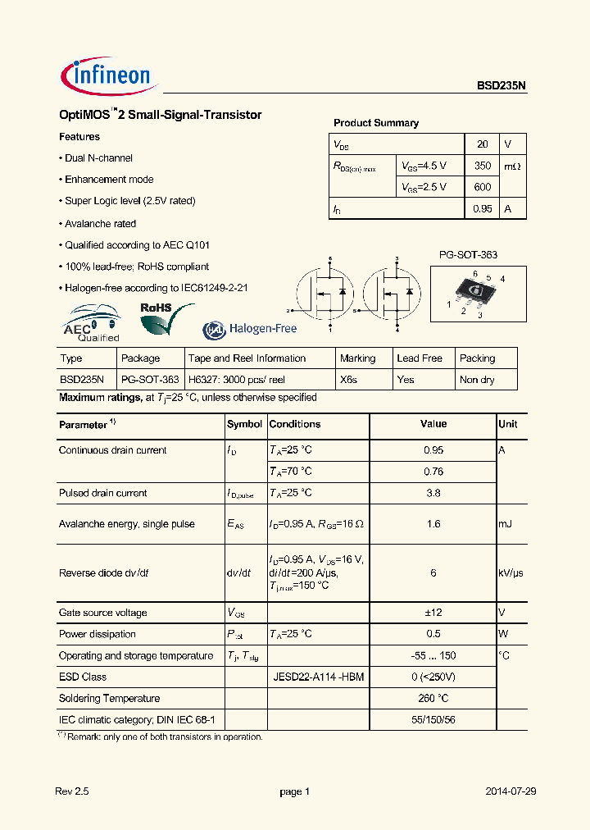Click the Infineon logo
click(x=107, y=76)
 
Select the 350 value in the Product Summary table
click(x=483, y=166)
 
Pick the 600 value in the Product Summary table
click(x=483, y=187)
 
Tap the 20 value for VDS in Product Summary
click(x=483, y=144)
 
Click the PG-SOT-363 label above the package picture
click(x=468, y=255)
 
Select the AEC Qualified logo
click(x=92, y=323)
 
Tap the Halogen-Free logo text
click(x=250, y=329)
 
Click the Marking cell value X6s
click(x=351, y=380)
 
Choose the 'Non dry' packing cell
click(x=478, y=380)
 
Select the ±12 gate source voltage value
click(x=433, y=613)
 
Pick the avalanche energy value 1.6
click(x=433, y=524)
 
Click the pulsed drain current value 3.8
click(x=433, y=493)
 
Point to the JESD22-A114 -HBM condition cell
click(x=318, y=677)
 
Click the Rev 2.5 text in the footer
click(x=71, y=791)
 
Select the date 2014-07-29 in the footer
click(x=510, y=791)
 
